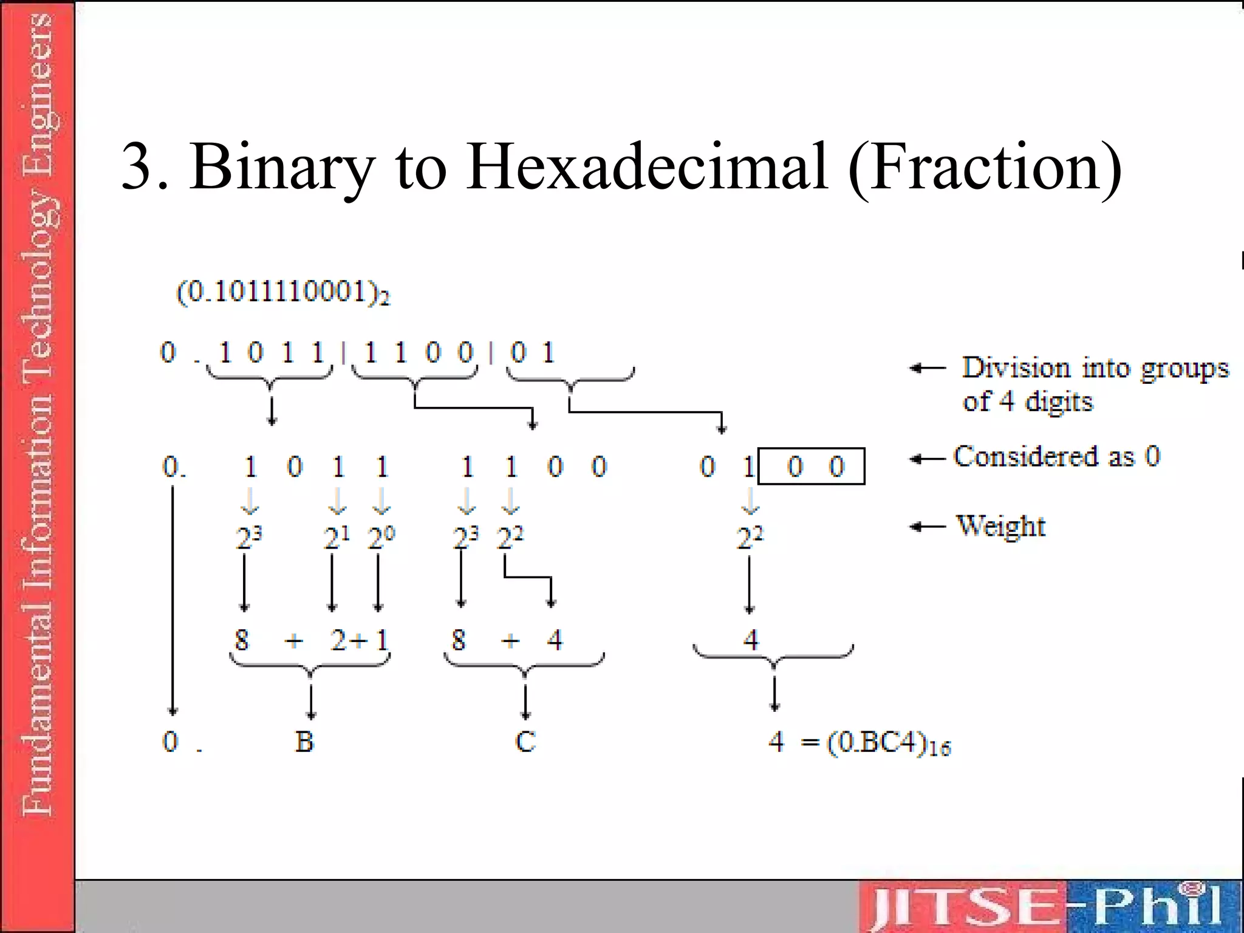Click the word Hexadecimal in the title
[648, 167]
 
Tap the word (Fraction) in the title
[985, 167]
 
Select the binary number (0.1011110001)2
[283, 293]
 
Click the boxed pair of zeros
[812, 466]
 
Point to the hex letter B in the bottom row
[304, 742]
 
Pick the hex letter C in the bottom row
[525, 742]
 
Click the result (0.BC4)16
[889, 743]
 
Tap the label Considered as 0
[1056, 456]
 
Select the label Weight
[1000, 526]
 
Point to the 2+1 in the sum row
[358, 640]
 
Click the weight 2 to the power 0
[381, 537]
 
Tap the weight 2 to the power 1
[336, 537]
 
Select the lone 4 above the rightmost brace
[751, 640]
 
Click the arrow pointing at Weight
[928, 527]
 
